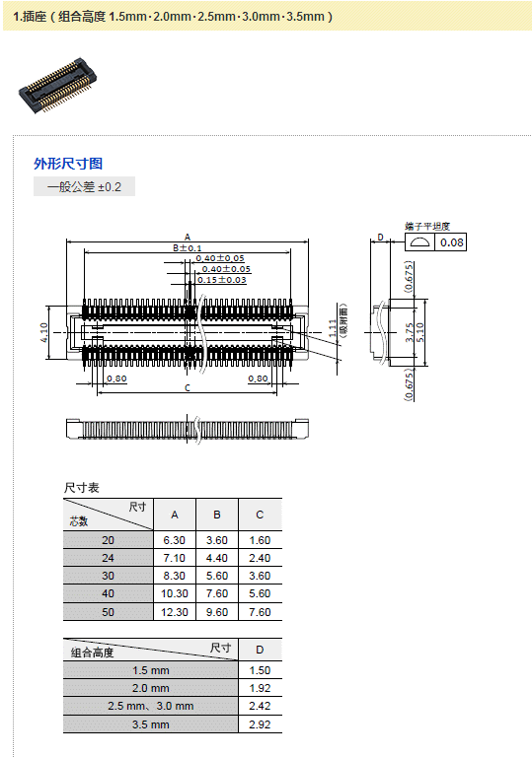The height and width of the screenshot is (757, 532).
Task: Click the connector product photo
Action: click(x=57, y=86)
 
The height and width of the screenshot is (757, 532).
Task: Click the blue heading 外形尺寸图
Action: click(x=68, y=164)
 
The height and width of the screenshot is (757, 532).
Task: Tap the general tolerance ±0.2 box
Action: click(x=84, y=187)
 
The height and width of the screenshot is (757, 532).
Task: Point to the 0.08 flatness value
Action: click(x=452, y=242)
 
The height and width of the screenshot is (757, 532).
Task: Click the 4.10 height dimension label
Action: click(x=44, y=332)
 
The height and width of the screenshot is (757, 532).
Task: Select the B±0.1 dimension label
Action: click(x=188, y=248)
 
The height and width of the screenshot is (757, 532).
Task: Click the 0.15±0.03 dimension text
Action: click(x=221, y=280)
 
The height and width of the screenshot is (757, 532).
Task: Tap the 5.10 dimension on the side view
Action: click(x=419, y=332)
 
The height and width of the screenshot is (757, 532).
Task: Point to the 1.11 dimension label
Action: click(x=333, y=328)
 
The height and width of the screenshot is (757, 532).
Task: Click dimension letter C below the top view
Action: click(x=188, y=387)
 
